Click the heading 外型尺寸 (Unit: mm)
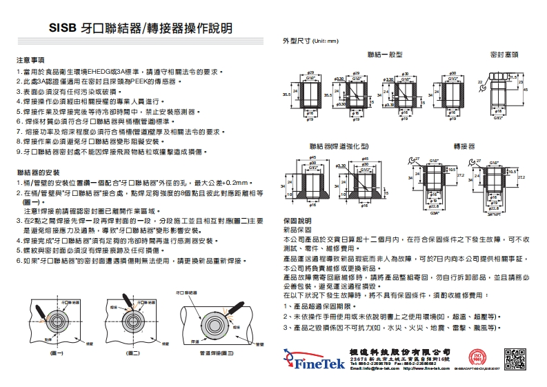(310, 41)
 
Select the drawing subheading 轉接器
(464, 147)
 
